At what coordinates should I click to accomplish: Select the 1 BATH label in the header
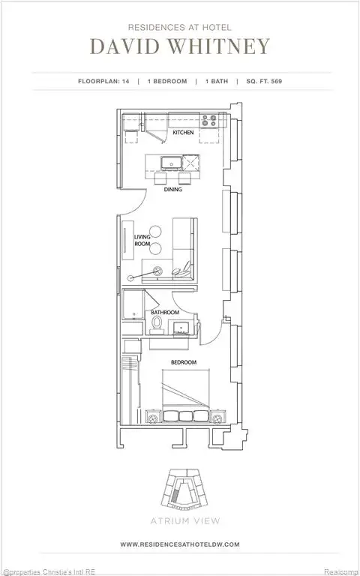tap(214, 80)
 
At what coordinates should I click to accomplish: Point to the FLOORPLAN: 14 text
tap(105, 80)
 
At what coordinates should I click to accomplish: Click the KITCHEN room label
tap(183, 133)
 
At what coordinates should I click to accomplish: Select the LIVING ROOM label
tap(142, 241)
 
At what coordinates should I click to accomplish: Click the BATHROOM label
tap(165, 312)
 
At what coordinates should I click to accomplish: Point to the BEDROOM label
tap(183, 362)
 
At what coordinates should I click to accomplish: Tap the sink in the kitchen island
tap(169, 162)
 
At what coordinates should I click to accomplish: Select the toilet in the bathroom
tap(157, 322)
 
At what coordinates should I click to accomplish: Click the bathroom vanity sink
tap(181, 327)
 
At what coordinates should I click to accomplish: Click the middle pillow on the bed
tap(185, 415)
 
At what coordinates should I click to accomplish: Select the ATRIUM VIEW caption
tap(179, 517)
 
